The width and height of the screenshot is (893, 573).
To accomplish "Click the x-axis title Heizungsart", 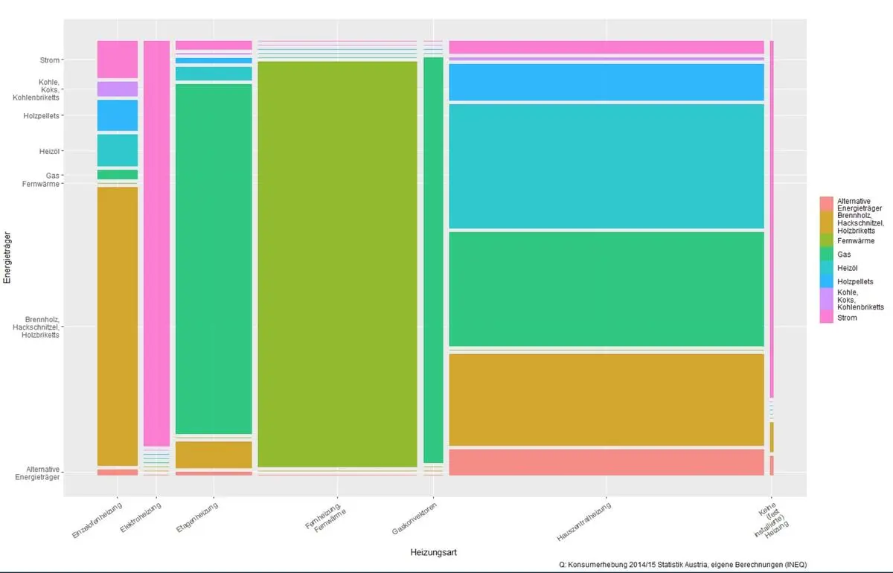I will pyautogui.click(x=433, y=553).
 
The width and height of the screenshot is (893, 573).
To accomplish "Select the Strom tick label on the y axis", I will pyautogui.click(x=49, y=60).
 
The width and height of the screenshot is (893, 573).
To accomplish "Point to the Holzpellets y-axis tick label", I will pyautogui.click(x=41, y=115).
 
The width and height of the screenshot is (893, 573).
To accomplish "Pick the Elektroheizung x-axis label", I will pyautogui.click(x=140, y=519).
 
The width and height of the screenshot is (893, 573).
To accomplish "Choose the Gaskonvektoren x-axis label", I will pyautogui.click(x=414, y=519).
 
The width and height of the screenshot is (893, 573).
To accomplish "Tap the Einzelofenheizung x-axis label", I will pyautogui.click(x=96, y=520).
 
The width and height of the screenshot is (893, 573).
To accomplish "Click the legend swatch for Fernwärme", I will pyautogui.click(x=826, y=241).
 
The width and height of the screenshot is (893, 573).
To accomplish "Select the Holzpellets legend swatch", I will pyautogui.click(x=826, y=281).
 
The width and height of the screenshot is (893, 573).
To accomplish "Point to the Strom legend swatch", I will pyautogui.click(x=826, y=318).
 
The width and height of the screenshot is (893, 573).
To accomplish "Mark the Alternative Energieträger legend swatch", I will pyautogui.click(x=826, y=205).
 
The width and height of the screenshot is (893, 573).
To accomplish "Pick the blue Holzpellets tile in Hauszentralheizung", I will pyautogui.click(x=606, y=82).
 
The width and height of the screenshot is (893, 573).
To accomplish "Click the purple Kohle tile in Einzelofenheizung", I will pyautogui.click(x=118, y=89).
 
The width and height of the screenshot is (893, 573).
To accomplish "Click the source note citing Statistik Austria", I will pyautogui.click(x=682, y=564).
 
